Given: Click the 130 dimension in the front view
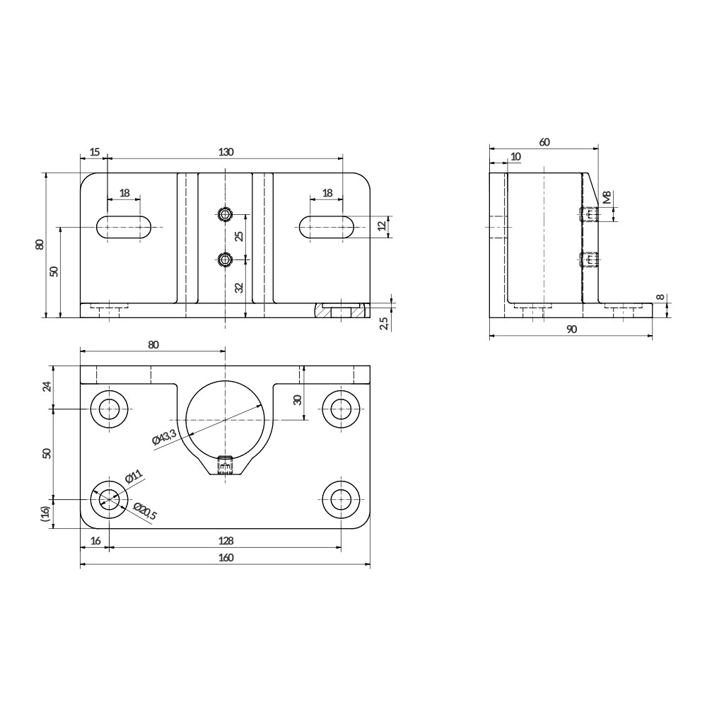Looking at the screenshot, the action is [x=226, y=152].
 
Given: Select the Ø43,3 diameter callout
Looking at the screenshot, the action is [x=165, y=438].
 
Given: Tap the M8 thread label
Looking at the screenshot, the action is [x=607, y=197].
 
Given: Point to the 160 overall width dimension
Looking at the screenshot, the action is [x=226, y=558].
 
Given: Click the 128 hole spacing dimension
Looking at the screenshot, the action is [x=226, y=541].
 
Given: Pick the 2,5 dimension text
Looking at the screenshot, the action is [x=384, y=323].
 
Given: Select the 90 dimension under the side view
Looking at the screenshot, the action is [x=571, y=329].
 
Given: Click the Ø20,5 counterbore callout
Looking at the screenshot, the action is [x=145, y=511].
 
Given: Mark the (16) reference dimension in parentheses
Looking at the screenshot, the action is [x=45, y=513].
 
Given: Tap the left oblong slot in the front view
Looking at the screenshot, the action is [x=124, y=227].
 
